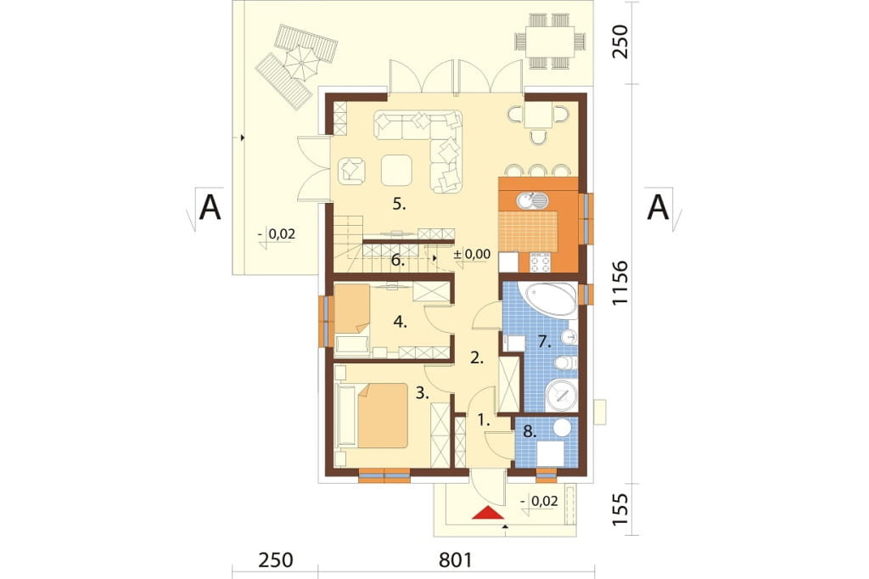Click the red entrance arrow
(x=488, y=513)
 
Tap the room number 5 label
(x=399, y=204)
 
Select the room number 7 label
(x=545, y=342)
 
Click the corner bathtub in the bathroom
(x=550, y=300)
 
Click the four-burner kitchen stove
(x=540, y=261)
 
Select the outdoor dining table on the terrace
(x=549, y=41)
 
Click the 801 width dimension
(x=456, y=559)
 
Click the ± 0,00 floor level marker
(x=472, y=255)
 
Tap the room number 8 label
(x=530, y=431)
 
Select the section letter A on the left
(x=210, y=207)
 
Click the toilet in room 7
(x=566, y=363)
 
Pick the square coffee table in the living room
(x=396, y=170)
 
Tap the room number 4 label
(x=401, y=322)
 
